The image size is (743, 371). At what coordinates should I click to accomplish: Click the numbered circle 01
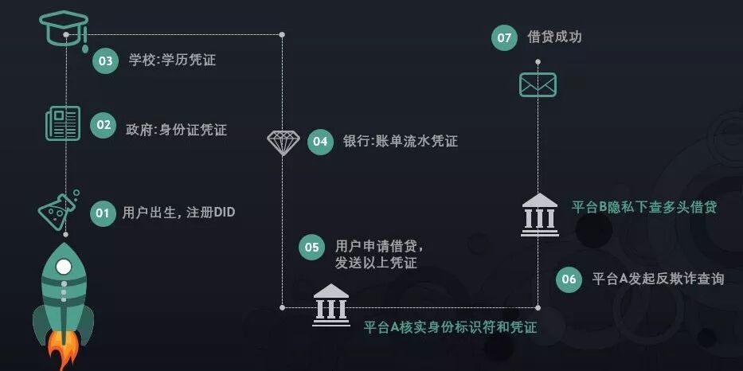103,213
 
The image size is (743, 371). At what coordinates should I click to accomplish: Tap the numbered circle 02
103,125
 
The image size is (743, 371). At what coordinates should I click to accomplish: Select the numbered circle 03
105,61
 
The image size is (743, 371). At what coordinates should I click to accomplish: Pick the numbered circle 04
320,142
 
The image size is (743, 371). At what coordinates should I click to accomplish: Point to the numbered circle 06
569,279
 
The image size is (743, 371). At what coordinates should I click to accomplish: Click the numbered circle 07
504,37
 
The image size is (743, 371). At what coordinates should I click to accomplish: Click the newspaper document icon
64,123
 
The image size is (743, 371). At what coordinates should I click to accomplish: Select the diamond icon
283,143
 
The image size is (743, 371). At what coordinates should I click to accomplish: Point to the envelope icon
538,84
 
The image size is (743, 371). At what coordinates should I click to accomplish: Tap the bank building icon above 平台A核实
331,303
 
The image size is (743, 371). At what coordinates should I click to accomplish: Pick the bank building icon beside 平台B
540,213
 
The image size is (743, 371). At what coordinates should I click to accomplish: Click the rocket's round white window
64,266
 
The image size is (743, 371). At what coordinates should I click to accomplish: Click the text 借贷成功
554,37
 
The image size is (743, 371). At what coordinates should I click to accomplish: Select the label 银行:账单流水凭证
400,142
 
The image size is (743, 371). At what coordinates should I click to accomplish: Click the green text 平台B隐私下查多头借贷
643,207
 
